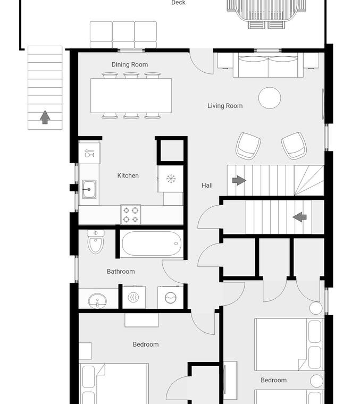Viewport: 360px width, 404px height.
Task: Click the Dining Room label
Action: pyautogui.click(x=130, y=64)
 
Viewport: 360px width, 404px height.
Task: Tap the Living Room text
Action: pyautogui.click(x=225, y=106)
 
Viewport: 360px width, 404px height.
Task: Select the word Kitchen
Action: pyautogui.click(x=128, y=175)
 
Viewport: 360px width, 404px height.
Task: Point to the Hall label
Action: pyautogui.click(x=207, y=185)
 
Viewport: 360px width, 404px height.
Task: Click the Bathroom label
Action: pyautogui.click(x=121, y=271)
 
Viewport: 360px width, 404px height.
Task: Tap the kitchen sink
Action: pyautogui.click(x=89, y=189)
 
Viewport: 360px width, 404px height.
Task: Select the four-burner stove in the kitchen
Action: pyautogui.click(x=131, y=215)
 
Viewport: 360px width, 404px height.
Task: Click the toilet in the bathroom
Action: pyautogui.click(x=96, y=242)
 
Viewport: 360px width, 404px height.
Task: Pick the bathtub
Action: pyautogui.click(x=152, y=243)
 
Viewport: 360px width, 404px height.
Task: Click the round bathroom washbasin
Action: pyautogui.click(x=97, y=300)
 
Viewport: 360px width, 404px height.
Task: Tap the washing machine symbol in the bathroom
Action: pyautogui.click(x=170, y=298)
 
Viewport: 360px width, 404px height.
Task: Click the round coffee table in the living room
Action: pyautogui.click(x=270, y=98)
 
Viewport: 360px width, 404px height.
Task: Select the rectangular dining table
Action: pyautogui.click(x=131, y=96)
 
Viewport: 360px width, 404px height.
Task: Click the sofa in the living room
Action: pyautogui.click(x=268, y=65)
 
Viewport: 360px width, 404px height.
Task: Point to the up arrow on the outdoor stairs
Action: pyautogui.click(x=45, y=117)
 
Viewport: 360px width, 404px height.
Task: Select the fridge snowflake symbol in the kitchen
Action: pyautogui.click(x=171, y=179)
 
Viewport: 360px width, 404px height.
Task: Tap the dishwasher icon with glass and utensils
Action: pyautogui.click(x=89, y=153)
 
